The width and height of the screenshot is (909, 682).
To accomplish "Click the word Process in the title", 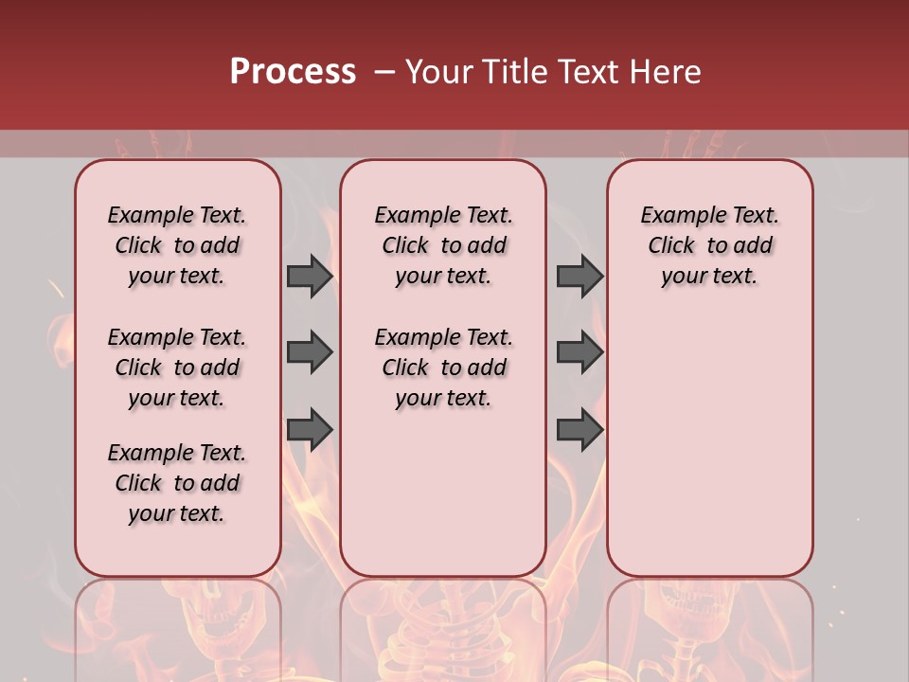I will point(293,72).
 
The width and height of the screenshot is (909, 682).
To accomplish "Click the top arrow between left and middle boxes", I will point(310,276).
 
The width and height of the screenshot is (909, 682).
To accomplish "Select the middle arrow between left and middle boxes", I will point(310,352).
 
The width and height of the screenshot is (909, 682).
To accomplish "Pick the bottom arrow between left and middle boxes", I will point(310,428).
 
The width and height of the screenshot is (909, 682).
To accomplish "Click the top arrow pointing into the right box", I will point(579,276).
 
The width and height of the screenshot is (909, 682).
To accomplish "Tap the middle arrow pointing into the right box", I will point(579,352).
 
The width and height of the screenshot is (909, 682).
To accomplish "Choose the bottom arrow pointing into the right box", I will point(579,428).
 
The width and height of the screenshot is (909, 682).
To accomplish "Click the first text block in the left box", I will point(177,245).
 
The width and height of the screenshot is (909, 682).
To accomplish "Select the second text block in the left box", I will point(177,368).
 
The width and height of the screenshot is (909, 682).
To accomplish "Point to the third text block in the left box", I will point(177,483).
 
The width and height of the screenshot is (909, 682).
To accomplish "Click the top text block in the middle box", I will point(443,245).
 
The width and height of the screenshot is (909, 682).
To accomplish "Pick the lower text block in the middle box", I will point(443,368).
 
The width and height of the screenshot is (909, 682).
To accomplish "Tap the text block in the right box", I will point(709,245).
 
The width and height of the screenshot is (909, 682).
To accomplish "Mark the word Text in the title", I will point(584,72).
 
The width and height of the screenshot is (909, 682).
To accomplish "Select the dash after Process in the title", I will point(384,72).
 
